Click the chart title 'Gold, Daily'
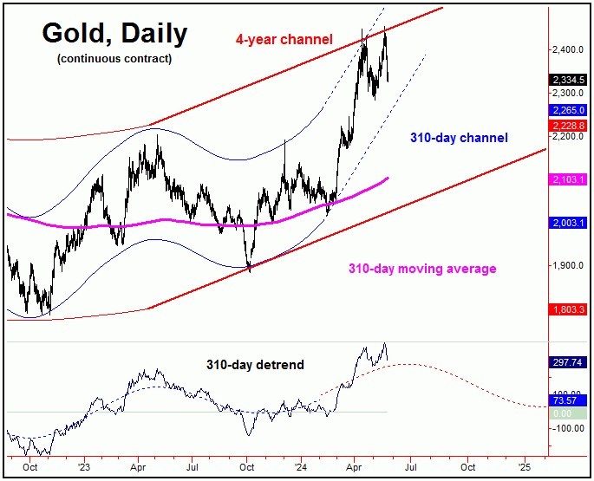tap(113, 34)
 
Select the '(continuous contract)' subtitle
tap(113, 59)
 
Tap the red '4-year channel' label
tap(284, 38)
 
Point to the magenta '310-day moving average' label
tap(422, 269)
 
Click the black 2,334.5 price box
tap(570, 80)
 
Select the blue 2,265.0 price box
tap(570, 110)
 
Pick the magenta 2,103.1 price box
tap(570, 179)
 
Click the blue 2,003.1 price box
tap(570, 223)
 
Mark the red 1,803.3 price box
tap(570, 309)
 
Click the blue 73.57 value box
tap(569, 401)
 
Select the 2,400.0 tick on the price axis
tap(569, 50)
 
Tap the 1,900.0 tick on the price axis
tap(569, 266)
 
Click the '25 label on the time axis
tap(523, 465)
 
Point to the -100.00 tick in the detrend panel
tap(569, 428)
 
